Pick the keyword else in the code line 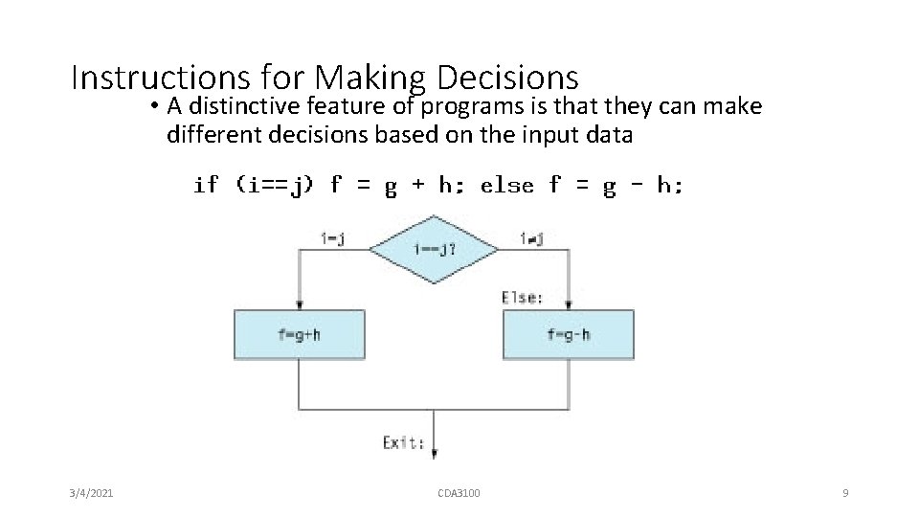coord(506,185)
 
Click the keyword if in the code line coord(206,185)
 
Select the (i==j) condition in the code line coord(274,185)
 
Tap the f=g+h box coord(300,334)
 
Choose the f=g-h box coord(568,334)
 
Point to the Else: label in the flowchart coord(522,298)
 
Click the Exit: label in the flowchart coord(403,442)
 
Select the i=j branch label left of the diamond coord(332,239)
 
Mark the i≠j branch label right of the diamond coord(531,239)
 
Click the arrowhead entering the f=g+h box coord(300,304)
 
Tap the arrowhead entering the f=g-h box coord(568,304)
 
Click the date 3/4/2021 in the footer coord(93,493)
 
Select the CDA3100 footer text coord(459,493)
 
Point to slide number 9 coord(845,493)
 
